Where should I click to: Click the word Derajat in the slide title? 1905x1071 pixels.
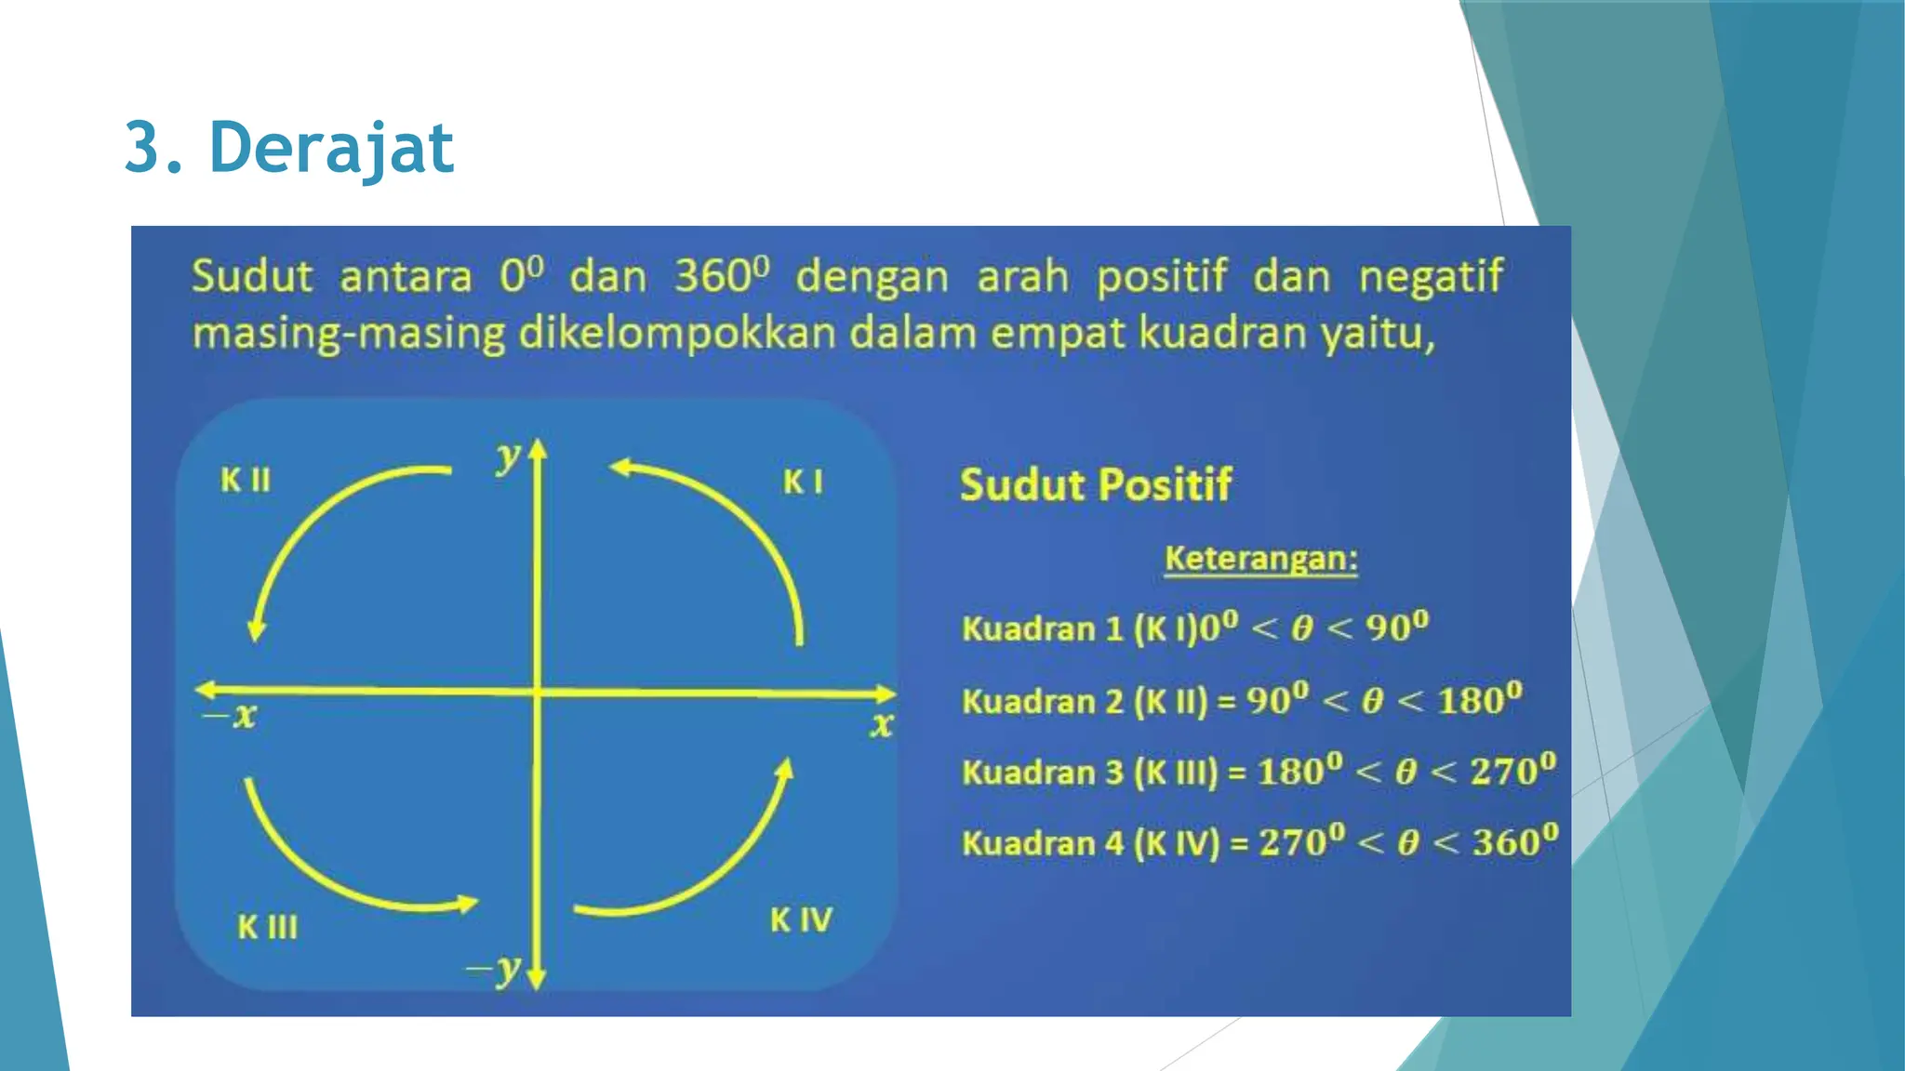tap(331, 148)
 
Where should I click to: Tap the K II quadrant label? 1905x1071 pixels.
tap(246, 480)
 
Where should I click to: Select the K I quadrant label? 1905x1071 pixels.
tap(803, 482)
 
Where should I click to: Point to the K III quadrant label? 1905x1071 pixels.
tap(267, 927)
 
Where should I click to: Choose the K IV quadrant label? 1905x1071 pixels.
tap(801, 920)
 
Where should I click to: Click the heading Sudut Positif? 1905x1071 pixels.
tap(1095, 485)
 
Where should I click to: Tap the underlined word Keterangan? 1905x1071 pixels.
tap(1260, 559)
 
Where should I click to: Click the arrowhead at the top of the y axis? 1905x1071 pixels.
tap(538, 450)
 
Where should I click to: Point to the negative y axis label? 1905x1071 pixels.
tap(495, 969)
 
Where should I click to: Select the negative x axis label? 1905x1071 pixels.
tap(231, 716)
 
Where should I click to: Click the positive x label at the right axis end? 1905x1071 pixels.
tap(881, 724)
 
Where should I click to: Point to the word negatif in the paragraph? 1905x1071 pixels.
tap(1430, 276)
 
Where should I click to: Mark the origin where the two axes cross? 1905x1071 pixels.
tap(538, 692)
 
